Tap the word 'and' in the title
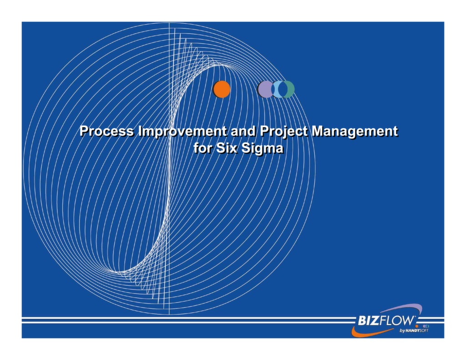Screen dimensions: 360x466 pyautogui.click(x=244, y=132)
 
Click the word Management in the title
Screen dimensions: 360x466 pyautogui.click(x=355, y=132)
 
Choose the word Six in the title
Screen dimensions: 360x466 pyautogui.click(x=228, y=148)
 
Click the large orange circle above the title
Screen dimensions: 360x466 pyautogui.click(x=222, y=89)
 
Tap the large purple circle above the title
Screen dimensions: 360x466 pyautogui.click(x=264, y=89)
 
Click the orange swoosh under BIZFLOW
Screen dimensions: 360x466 pyautogui.click(x=364, y=331)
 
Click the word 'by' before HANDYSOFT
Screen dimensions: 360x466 pyautogui.click(x=402, y=331)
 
